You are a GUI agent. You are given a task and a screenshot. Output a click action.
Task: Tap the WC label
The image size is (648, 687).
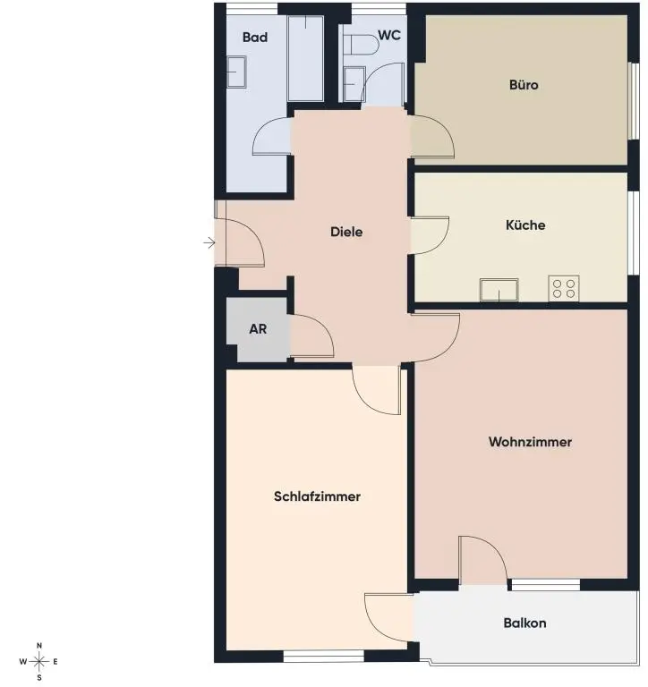pos(388,36)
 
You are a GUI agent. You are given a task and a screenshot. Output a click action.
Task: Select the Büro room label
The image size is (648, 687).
pos(524,86)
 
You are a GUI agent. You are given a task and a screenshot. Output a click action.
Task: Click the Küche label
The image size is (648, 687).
pos(525,225)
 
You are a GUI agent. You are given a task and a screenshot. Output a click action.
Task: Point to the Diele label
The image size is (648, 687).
pos(346,232)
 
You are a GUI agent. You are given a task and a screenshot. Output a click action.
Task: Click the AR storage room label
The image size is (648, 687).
pos(258,329)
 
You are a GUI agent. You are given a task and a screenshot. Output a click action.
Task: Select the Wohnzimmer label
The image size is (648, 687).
pos(530,442)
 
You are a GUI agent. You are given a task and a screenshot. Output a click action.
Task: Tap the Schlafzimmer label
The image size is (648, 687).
pos(317,496)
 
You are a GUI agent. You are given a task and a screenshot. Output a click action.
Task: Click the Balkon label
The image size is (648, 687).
pos(524,623)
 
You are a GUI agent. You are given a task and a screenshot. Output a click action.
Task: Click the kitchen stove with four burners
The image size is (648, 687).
pos(564,288)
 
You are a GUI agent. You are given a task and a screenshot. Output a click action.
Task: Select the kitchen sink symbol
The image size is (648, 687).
pos(499,290)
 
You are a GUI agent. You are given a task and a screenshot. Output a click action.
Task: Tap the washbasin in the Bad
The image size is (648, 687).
pos(236,72)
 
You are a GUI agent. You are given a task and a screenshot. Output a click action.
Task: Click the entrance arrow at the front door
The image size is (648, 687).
pos(209,242)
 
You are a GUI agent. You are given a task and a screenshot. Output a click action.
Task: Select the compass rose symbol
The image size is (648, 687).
pos(39,662)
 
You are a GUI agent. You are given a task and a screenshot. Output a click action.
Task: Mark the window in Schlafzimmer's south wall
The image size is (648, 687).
pos(323,657)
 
